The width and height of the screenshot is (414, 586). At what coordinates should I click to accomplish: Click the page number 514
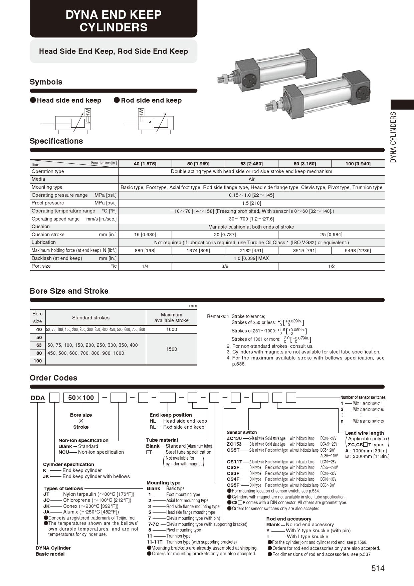(x=378, y=568)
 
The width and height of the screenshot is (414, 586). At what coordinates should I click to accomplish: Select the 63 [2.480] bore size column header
(x=251, y=164)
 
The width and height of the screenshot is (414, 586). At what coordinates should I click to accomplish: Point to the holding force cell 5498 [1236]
(x=358, y=251)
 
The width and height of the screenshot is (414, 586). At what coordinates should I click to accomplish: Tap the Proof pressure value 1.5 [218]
(x=251, y=203)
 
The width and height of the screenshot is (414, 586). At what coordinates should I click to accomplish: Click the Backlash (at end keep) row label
(x=57, y=258)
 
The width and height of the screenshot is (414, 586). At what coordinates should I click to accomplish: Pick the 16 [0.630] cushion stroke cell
(x=145, y=235)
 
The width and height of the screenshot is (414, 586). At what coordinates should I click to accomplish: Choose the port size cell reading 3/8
(x=225, y=266)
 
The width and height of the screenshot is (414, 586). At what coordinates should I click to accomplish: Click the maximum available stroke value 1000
(x=171, y=329)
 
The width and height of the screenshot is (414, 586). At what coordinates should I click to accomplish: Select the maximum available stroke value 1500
(x=171, y=349)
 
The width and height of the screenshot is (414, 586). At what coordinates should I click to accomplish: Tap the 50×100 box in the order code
(x=81, y=398)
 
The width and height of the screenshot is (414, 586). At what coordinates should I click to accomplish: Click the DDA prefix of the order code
(x=38, y=398)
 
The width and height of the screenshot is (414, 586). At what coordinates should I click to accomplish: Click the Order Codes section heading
(x=53, y=378)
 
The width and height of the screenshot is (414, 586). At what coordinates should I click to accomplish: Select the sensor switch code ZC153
(x=234, y=444)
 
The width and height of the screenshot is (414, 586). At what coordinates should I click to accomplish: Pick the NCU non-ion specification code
(x=63, y=452)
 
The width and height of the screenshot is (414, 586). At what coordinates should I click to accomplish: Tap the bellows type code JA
(x=46, y=512)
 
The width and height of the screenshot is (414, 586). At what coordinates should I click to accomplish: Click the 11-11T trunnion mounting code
(x=154, y=542)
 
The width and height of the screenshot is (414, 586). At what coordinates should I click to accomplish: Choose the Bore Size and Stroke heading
(x=69, y=291)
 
